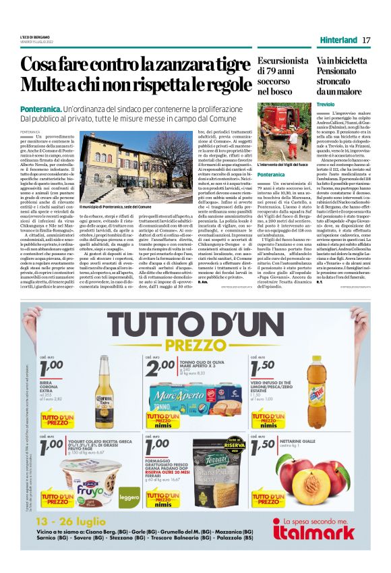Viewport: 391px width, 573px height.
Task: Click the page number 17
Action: (x=366, y=40)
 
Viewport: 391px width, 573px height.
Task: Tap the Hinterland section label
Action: (x=338, y=40)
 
